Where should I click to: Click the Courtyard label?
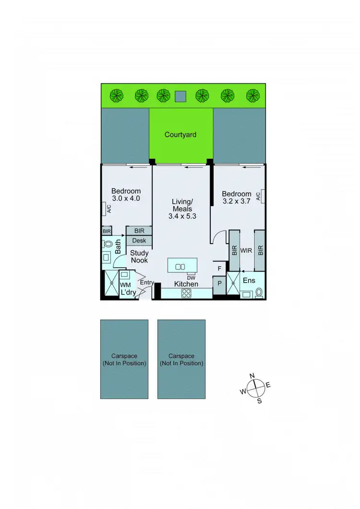(180, 135)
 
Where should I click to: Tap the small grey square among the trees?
(180, 96)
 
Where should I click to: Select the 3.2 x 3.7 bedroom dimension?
(237, 201)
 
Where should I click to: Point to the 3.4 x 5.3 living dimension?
(182, 216)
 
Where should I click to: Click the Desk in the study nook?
(139, 240)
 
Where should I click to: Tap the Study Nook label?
(139, 256)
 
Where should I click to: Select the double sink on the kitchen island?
(180, 267)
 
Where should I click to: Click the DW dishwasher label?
(191, 278)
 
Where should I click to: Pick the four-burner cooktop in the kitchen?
(186, 294)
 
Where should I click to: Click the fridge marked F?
(219, 269)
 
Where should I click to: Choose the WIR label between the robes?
(246, 250)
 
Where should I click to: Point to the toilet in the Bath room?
(107, 244)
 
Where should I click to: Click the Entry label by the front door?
(146, 283)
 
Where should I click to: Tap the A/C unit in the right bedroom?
(258, 196)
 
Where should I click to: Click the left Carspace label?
(124, 359)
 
